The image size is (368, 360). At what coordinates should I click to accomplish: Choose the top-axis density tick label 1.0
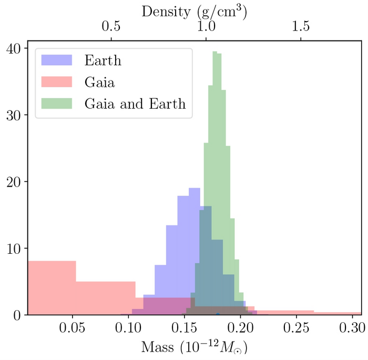point(206,26)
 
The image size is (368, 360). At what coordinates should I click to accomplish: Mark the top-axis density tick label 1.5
point(301,26)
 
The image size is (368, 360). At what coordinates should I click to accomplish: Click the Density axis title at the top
point(195,11)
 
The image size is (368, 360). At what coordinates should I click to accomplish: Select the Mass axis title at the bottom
point(194,347)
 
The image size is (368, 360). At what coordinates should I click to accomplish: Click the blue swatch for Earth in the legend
point(56,60)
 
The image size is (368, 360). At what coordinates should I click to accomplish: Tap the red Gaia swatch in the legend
point(56,81)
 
